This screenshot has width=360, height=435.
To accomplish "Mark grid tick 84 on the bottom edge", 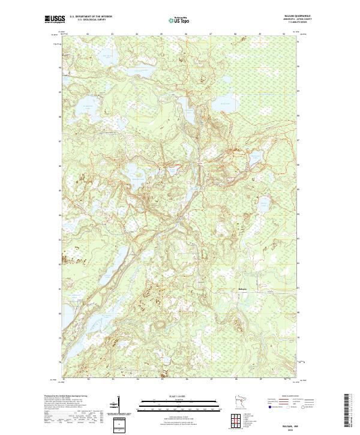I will pyautogui.click(x=137, y=380).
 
